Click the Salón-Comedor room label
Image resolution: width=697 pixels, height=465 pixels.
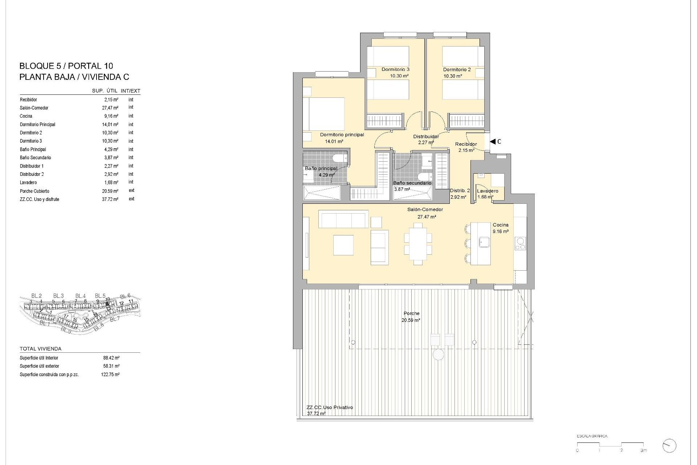click(425, 210)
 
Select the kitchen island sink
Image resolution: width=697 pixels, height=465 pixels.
click(485, 242)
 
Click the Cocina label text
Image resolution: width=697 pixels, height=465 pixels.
click(500, 225)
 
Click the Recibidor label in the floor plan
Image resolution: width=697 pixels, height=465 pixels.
click(466, 144)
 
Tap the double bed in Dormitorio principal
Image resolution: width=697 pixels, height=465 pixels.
click(324, 114)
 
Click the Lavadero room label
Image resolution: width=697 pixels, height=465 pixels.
click(488, 191)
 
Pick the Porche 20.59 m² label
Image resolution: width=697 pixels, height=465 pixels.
click(411, 316)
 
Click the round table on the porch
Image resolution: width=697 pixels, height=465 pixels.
click(438, 354)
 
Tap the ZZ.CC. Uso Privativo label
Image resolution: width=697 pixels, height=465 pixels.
click(330, 408)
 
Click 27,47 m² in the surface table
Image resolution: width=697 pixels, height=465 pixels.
click(110, 108)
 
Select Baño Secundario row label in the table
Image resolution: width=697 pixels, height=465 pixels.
click(35, 158)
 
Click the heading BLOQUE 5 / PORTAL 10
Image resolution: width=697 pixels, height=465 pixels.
click(66, 66)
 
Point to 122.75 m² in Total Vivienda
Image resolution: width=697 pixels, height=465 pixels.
click(110, 375)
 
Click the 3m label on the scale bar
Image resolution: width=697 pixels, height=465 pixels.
click(643, 450)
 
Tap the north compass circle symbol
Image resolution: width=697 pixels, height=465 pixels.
click(669, 446)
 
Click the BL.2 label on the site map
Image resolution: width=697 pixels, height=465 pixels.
click(36, 296)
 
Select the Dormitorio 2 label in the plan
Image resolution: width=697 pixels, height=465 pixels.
click(457, 69)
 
